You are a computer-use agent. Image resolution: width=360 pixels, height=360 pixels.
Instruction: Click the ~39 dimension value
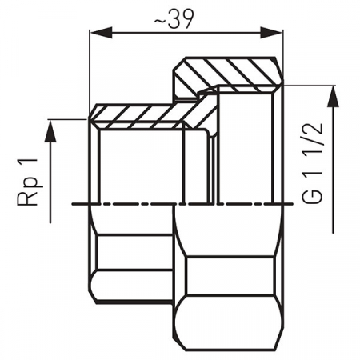187,20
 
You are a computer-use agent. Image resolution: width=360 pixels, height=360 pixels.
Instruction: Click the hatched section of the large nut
232,71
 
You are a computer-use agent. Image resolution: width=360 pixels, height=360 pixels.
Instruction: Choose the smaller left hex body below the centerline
132,256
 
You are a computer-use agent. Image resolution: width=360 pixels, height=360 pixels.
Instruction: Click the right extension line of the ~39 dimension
284,48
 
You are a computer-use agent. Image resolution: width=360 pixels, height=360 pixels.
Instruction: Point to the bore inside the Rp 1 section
136,164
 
